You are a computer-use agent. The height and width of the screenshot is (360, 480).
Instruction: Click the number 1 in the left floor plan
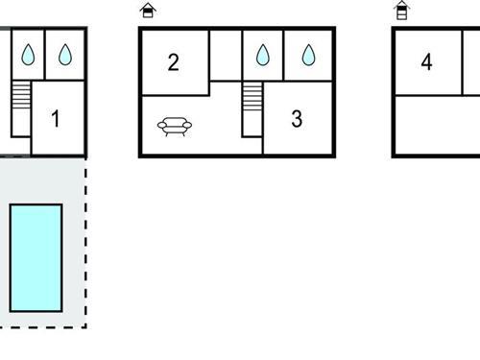(x=56, y=119)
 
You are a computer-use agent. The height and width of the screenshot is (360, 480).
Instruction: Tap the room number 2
(x=173, y=63)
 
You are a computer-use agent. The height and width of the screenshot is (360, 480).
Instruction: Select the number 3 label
(x=297, y=119)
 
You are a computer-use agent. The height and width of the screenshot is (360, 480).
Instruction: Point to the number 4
(x=426, y=63)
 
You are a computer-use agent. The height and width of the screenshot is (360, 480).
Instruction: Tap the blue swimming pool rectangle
(x=36, y=257)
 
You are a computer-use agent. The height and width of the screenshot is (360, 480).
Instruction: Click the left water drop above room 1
(x=28, y=56)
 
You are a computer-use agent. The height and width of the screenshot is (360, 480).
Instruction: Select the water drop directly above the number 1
(x=64, y=56)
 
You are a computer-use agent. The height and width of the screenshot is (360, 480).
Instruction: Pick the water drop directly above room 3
(x=308, y=56)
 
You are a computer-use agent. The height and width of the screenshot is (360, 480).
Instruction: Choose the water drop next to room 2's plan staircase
(x=262, y=56)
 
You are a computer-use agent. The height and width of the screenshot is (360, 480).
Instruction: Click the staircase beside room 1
(x=21, y=97)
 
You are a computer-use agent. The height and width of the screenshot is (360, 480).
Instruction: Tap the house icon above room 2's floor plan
(x=148, y=11)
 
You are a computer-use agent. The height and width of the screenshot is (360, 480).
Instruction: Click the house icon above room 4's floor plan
(x=402, y=11)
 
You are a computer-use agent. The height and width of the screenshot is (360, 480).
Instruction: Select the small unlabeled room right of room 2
(x=225, y=56)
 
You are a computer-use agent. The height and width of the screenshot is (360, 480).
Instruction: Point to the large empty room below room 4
(x=437, y=125)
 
